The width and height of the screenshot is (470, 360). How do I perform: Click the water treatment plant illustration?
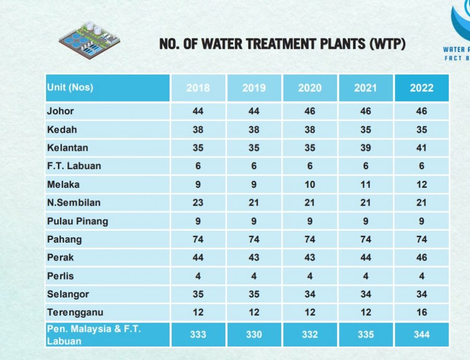point(89,39)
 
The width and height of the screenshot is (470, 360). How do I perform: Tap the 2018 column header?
point(198,88)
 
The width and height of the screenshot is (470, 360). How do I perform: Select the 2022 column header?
point(421,88)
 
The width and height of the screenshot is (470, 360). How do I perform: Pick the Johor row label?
point(61,111)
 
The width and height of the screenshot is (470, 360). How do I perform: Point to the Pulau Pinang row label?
point(77,221)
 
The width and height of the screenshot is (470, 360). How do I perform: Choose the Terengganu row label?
point(75,313)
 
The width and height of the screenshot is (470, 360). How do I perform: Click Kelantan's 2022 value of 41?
point(421,148)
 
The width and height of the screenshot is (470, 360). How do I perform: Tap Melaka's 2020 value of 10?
point(310,184)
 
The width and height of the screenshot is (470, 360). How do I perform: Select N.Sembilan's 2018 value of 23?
point(198,202)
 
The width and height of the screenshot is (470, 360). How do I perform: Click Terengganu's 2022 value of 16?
point(421,313)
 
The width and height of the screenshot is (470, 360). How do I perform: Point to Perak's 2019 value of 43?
point(254,258)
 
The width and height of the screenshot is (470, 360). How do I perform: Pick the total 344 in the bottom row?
point(421,334)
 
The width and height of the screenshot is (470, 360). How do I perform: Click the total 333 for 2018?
point(198,334)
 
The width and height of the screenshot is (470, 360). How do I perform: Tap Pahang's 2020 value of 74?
point(310,239)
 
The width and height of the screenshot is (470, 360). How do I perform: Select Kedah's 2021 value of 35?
point(366,129)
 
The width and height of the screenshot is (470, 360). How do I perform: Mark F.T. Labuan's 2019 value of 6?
point(254,166)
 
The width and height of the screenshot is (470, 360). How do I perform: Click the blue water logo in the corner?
point(461,21)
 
